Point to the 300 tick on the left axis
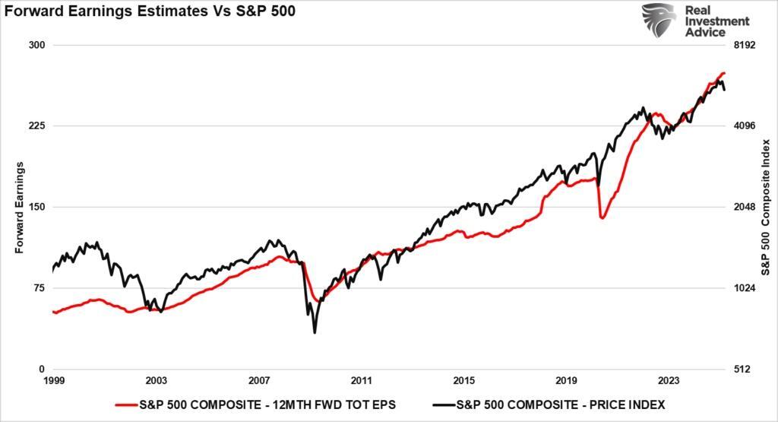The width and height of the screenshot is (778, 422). tap(37, 45)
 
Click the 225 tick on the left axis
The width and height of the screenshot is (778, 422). tap(37, 125)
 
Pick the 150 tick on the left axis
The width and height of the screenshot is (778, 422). tap(37, 207)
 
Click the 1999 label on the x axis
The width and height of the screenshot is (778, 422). tap(53, 380)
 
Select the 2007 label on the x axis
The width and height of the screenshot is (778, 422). tap(259, 380)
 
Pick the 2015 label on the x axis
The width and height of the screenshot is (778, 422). tap(463, 380)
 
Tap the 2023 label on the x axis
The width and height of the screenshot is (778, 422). tap(669, 380)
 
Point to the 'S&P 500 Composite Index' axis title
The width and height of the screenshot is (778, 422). tap(766, 207)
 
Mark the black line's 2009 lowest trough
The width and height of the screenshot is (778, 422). tap(315, 332)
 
